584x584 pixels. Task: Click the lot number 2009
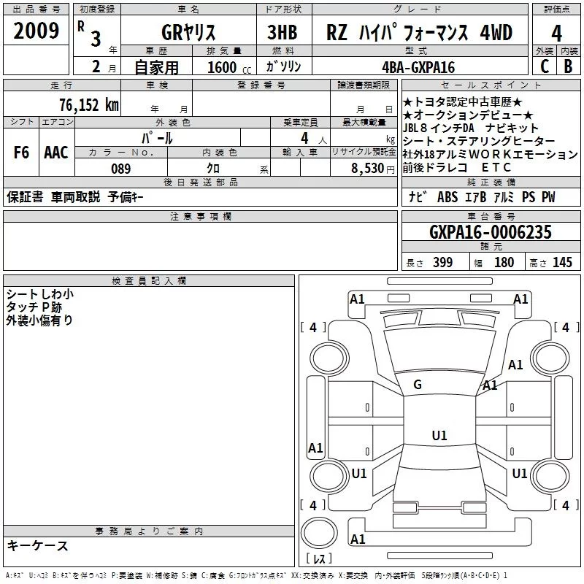tap(36, 31)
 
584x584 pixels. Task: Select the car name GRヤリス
tap(188, 32)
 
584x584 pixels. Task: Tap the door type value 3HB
tap(283, 32)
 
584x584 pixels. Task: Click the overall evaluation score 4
tap(556, 34)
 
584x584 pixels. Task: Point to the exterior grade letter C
tap(545, 66)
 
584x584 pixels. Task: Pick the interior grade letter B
tap(568, 66)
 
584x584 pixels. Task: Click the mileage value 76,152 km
tap(89, 105)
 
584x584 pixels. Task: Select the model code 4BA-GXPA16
tap(418, 67)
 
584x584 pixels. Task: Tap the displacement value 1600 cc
tap(229, 67)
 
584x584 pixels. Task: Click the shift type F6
tap(21, 153)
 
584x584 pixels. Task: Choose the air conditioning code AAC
tap(56, 153)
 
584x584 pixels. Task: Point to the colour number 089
tap(120, 169)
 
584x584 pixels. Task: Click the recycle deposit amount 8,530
tap(368, 169)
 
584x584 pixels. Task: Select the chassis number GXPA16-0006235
tap(491, 232)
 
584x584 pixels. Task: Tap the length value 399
tap(442, 262)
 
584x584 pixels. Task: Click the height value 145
tap(562, 262)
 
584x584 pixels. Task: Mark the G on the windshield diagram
tap(418, 385)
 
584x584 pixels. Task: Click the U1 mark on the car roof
tap(439, 435)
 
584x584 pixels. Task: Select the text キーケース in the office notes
tap(38, 545)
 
